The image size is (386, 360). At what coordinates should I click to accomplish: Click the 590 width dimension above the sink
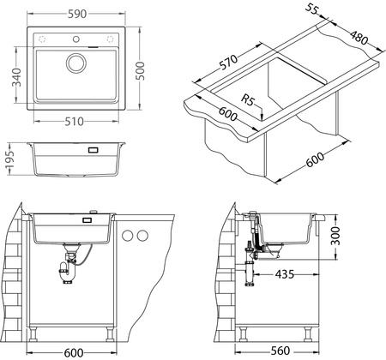[x=75, y=12]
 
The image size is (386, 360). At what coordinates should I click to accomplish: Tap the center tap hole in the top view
[x=75, y=40]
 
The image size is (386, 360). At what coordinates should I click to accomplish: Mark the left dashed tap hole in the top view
[x=42, y=40]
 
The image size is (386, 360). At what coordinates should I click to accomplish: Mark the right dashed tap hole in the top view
[x=109, y=40]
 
